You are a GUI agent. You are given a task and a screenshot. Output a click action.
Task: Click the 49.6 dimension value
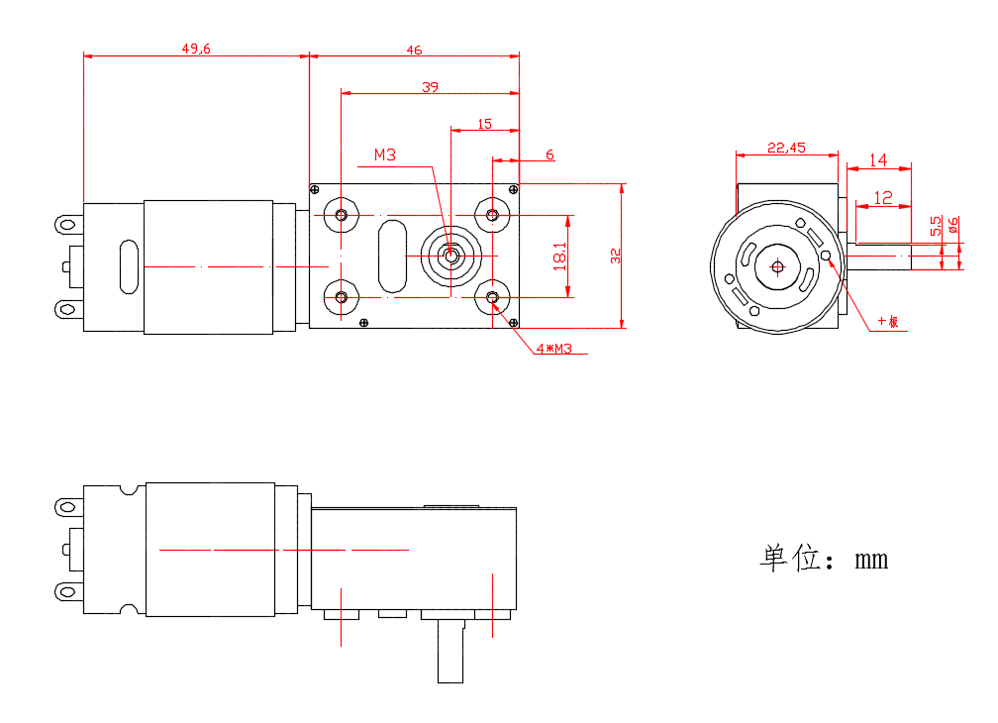click(x=196, y=49)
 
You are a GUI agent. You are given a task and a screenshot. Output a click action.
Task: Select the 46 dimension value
click(x=414, y=49)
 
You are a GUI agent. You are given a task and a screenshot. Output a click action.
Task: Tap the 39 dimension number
click(x=430, y=87)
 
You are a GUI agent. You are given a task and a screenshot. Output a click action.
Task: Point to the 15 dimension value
click(x=484, y=124)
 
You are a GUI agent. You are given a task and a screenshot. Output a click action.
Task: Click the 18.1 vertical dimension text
click(x=560, y=256)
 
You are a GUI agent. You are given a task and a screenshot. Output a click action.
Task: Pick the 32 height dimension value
click(x=615, y=256)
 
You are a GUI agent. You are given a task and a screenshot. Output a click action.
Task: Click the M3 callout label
click(x=385, y=155)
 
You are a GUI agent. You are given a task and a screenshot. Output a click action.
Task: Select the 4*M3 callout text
click(x=554, y=349)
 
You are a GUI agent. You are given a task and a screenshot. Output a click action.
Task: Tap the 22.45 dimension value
click(x=786, y=148)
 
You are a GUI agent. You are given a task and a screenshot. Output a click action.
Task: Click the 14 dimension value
click(x=878, y=159)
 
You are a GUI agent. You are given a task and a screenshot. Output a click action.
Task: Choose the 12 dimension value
click(x=883, y=198)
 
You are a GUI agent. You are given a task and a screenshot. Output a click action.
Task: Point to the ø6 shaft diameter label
click(x=952, y=226)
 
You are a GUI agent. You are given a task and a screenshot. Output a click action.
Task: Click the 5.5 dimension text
click(x=936, y=226)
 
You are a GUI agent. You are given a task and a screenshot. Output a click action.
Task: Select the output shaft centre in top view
click(x=451, y=256)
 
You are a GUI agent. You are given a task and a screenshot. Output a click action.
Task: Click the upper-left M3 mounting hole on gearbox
click(x=343, y=216)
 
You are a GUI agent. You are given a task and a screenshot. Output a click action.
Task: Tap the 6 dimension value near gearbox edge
click(x=549, y=155)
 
